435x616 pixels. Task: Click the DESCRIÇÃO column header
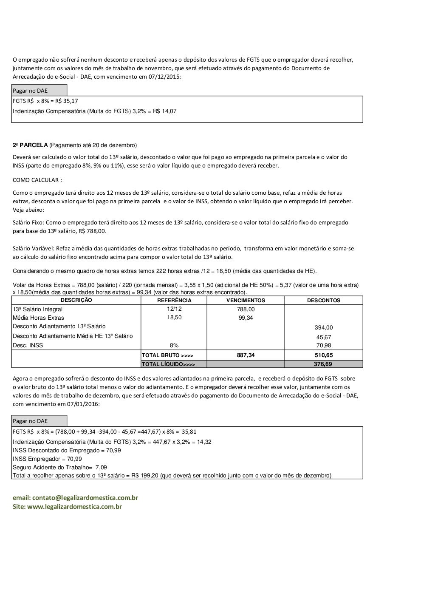(76, 300)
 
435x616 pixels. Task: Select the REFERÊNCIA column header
(174, 300)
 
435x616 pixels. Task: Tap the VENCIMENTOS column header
(246, 300)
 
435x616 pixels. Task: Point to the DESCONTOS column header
(324, 300)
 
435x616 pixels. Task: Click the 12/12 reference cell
(174, 309)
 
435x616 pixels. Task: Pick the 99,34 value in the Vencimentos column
(246, 318)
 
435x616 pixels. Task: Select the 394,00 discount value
(324, 327)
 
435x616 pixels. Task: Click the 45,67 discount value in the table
(324, 337)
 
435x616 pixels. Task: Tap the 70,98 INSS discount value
(324, 346)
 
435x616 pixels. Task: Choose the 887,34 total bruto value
(246, 355)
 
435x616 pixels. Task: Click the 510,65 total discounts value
(324, 355)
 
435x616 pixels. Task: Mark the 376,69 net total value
(324, 364)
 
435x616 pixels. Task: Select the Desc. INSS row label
(28, 346)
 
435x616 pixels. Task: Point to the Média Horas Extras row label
(39, 318)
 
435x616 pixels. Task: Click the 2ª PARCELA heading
(30, 145)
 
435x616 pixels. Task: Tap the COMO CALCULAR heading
(37, 180)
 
